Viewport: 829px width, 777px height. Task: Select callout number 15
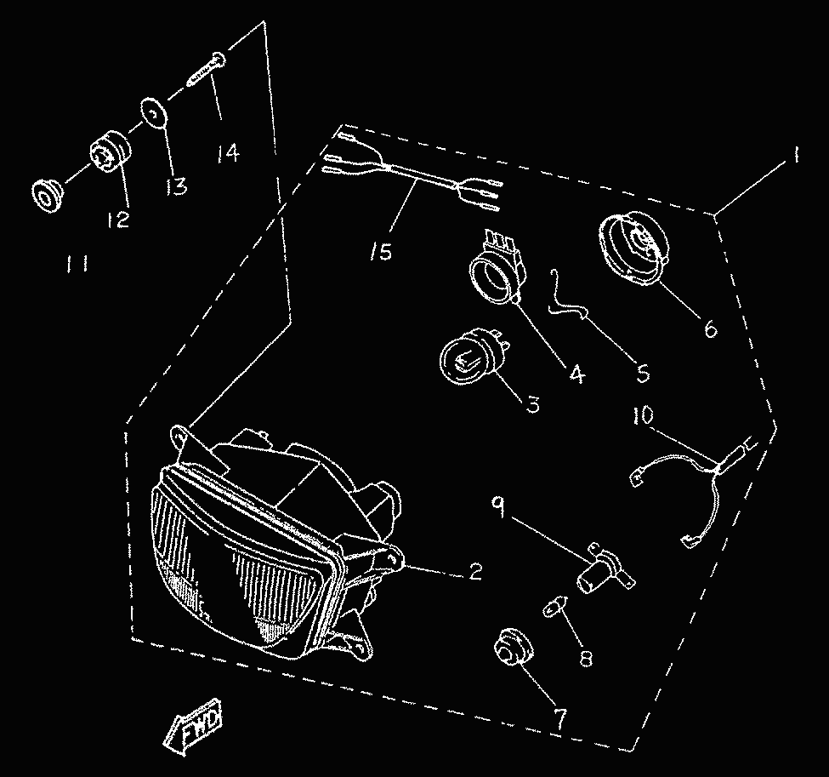pos(382,252)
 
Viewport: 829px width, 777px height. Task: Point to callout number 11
pos(77,266)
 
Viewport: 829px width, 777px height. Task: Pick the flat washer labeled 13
pos(153,114)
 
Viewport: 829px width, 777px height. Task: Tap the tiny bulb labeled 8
pos(554,608)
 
